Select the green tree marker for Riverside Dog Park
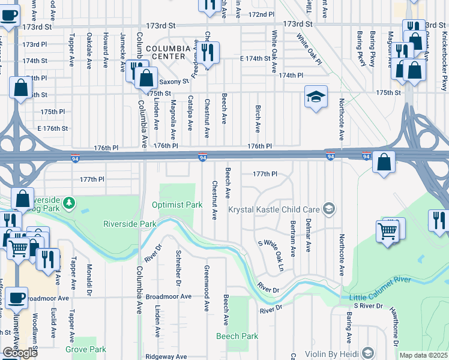(70, 202)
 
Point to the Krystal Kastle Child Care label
(274, 209)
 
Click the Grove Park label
(86, 349)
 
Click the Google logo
(20, 353)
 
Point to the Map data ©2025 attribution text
(423, 355)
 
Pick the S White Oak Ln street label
(270, 251)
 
